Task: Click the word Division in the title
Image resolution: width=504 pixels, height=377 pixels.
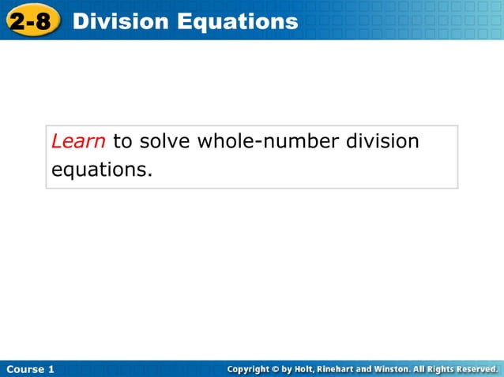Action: point(119,21)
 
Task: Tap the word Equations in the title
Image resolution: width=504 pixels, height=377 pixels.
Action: point(237,21)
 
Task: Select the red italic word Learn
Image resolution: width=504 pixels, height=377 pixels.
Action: point(78,142)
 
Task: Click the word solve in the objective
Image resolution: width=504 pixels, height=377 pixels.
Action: point(165,142)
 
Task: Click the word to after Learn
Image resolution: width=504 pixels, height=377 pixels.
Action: point(122,142)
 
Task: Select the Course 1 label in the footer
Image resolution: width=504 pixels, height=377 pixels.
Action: point(31,369)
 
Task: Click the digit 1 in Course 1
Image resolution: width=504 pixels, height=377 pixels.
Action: point(51,369)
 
